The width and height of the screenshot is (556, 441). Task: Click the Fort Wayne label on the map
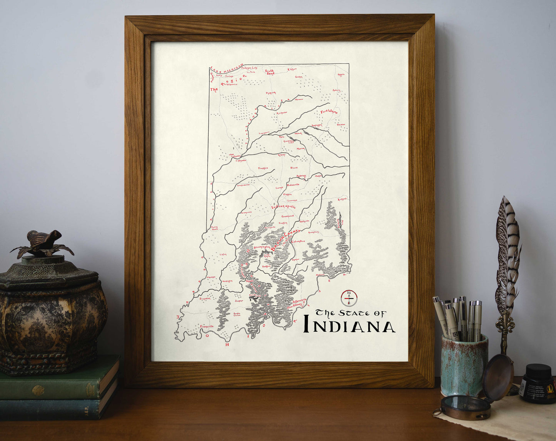(x=329, y=112)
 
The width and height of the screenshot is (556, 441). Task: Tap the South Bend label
(x=269, y=72)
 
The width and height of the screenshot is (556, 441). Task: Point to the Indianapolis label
(x=284, y=206)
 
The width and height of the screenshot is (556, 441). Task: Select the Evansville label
(x=207, y=326)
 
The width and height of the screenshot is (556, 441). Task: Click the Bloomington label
(x=262, y=247)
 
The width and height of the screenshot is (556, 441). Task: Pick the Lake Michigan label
(x=227, y=68)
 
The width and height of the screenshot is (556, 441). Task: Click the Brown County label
(x=285, y=240)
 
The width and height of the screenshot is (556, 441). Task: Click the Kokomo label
(x=282, y=155)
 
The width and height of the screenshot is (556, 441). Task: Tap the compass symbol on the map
(x=349, y=298)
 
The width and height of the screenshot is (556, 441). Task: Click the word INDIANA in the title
(x=349, y=325)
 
